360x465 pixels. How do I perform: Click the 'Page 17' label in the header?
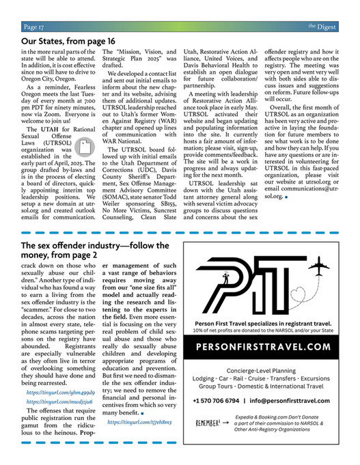[x=34, y=27]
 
